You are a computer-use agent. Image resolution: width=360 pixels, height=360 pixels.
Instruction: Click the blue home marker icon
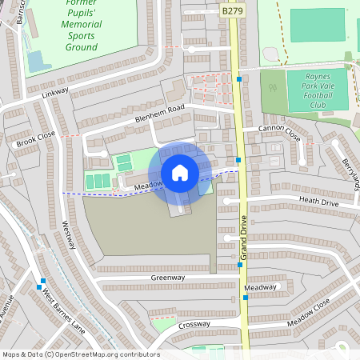tap(179, 173)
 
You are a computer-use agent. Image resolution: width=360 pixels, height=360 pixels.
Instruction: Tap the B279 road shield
tap(231, 12)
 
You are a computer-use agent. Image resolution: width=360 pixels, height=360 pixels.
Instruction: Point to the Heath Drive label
tap(319, 202)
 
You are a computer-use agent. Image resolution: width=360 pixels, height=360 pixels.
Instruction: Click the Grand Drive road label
tap(245, 236)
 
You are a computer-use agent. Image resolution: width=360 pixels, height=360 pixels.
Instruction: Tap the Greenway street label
tap(168, 278)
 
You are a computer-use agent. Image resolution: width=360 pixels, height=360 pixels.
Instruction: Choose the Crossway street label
tap(194, 324)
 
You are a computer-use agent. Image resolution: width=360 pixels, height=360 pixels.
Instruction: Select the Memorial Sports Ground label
tap(70, 36)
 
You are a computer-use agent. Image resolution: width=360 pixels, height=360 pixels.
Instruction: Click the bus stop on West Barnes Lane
tap(41, 282)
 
